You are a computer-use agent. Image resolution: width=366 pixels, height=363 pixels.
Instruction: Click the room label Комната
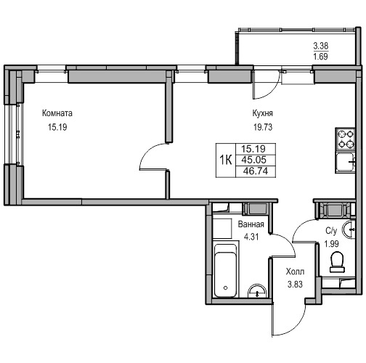pos(57,113)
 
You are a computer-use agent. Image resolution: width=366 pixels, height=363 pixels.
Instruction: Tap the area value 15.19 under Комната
pos(57,127)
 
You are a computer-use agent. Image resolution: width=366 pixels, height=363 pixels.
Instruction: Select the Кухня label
pos(263,113)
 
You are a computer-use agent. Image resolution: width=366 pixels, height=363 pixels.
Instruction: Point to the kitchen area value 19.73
pos(263,127)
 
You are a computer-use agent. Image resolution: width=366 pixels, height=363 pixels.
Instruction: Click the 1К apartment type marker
pos(226,160)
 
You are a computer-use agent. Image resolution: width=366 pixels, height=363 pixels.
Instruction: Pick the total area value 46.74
pos(256,171)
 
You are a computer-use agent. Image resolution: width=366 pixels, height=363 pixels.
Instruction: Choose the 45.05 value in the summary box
pos(254,160)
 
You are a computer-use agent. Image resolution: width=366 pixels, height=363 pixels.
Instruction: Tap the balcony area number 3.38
pos(321,46)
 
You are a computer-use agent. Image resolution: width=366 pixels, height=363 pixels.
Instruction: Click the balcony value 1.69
pos(321,57)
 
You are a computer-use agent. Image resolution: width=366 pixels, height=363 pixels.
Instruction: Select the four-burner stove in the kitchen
pos(345,139)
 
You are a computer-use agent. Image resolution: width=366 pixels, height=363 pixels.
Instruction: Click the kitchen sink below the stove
pos(345,162)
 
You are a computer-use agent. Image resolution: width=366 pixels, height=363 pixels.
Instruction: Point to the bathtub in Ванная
pos(226,271)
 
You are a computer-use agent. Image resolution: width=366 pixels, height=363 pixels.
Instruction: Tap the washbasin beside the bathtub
pos(257,291)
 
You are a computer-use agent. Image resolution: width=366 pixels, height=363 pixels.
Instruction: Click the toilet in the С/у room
pos(337,262)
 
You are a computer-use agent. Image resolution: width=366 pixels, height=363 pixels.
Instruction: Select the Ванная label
pos(251,224)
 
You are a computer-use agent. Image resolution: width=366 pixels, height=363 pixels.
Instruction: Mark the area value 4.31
pos(251,237)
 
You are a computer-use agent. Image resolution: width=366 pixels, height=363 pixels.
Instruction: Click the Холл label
pos(295,272)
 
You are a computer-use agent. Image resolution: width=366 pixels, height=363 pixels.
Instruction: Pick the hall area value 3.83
pos(295,285)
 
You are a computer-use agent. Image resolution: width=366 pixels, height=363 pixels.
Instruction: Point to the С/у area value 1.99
pos(332,244)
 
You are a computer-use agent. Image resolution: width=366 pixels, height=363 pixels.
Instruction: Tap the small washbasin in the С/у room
pos(349,229)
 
